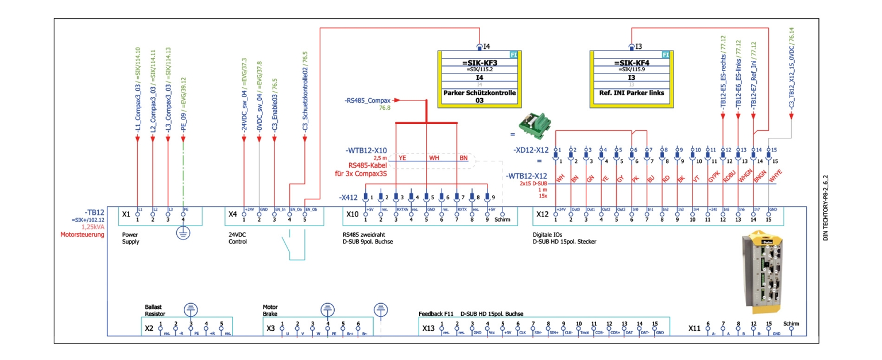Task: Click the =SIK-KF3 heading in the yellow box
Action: point(479,63)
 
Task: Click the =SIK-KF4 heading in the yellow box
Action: point(630,63)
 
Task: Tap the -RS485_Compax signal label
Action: point(367,100)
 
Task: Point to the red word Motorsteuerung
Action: point(83,234)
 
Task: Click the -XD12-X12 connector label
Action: point(532,150)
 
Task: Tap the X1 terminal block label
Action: point(126,214)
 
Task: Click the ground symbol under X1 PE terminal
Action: point(183,234)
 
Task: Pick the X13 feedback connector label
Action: point(428,328)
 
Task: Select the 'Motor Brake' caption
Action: point(270,311)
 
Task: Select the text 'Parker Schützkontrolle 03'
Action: point(479,96)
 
